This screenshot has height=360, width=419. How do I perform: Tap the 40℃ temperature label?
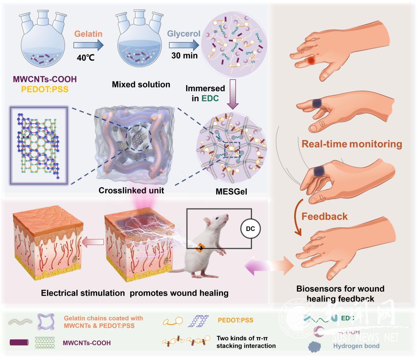pos(86,57)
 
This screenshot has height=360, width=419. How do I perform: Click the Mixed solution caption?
pos(141,85)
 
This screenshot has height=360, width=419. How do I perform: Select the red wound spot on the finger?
pos(312,61)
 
